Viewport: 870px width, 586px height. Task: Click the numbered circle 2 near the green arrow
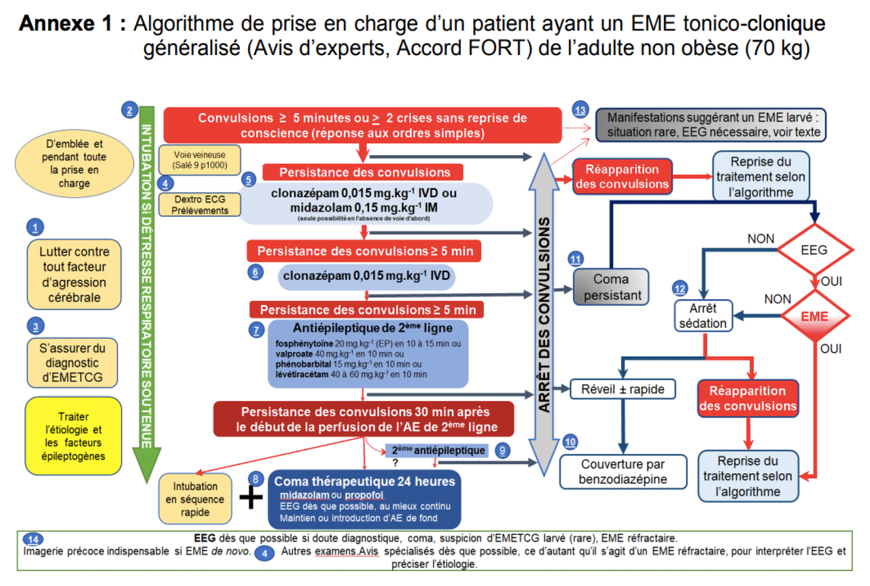click(129, 109)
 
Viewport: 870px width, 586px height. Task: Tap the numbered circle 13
click(580, 110)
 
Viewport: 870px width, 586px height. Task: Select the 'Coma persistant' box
click(611, 287)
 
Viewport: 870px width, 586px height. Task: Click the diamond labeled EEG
click(814, 249)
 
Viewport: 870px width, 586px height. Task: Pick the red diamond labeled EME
click(814, 316)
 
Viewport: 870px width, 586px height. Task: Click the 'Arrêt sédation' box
click(703, 315)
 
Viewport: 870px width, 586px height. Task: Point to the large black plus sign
click(251, 498)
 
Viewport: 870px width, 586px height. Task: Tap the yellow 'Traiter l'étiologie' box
click(73, 436)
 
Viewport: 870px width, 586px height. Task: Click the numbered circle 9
click(502, 450)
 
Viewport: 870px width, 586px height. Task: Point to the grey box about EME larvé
click(710, 124)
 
